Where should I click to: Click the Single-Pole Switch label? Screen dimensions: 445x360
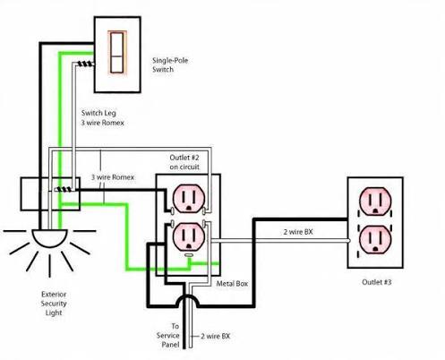click(170, 64)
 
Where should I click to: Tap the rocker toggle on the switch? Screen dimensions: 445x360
click(116, 53)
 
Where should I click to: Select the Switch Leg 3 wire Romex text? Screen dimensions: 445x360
click(102, 118)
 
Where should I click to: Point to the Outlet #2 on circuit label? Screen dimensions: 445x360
click(184, 162)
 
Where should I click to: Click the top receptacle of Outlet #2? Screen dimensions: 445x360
click(189, 199)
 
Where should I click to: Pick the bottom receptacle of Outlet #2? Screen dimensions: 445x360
click(189, 236)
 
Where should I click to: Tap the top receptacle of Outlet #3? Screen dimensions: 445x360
click(375, 201)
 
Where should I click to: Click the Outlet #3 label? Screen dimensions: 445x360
click(376, 282)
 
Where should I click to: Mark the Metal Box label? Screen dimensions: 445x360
click(232, 284)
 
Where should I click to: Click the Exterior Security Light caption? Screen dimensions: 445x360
click(54, 304)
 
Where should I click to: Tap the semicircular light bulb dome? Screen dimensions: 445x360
click(49, 238)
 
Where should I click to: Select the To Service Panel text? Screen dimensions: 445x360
click(168, 335)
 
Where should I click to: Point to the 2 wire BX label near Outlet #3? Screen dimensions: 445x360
click(298, 232)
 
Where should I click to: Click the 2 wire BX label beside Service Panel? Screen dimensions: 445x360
click(215, 336)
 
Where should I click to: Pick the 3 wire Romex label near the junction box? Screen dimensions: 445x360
click(113, 177)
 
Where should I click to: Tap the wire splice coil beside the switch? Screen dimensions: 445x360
click(86, 64)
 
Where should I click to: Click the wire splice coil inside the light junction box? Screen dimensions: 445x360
click(64, 189)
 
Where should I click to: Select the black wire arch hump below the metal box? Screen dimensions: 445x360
click(187, 299)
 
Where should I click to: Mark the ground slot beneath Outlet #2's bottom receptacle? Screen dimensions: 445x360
click(189, 255)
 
